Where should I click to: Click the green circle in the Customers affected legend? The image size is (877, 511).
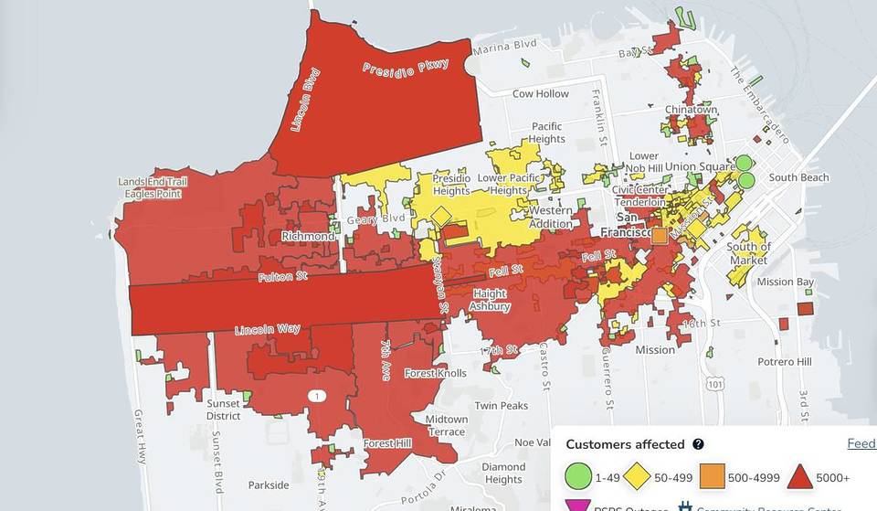[577, 476]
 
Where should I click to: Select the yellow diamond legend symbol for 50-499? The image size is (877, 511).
[637, 476]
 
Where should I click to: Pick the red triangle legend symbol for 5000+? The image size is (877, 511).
[801, 476]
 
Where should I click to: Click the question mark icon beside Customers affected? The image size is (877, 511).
[698, 444]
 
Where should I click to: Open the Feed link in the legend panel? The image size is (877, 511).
[861, 444]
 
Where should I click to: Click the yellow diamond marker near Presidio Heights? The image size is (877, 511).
[441, 217]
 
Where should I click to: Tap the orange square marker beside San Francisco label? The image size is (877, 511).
[660, 235]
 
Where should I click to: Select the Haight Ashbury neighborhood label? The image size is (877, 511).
[491, 300]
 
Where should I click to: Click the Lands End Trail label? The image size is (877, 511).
[153, 182]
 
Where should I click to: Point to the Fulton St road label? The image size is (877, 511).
[281, 276]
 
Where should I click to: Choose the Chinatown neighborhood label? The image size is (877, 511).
[691, 110]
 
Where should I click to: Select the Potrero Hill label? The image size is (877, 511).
[784, 362]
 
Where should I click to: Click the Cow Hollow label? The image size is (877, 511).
[540, 94]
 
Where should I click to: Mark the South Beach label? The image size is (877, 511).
[798, 177]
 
